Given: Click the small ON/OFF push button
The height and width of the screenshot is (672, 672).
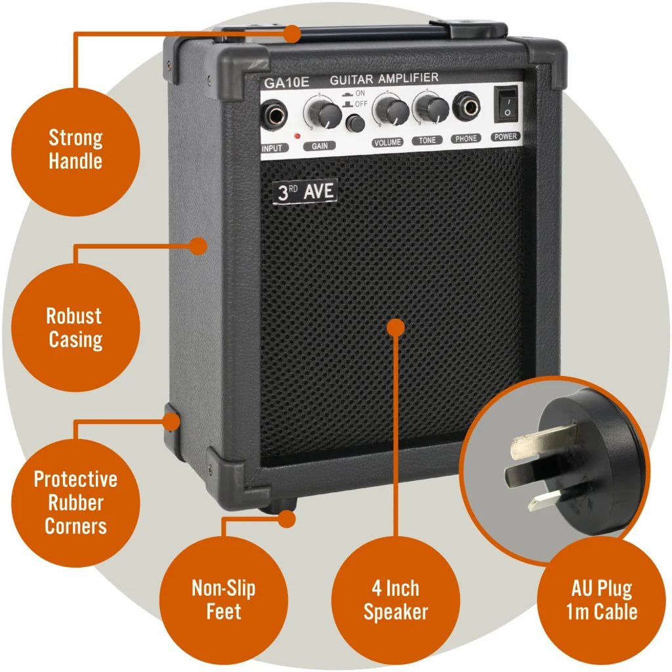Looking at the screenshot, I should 356,123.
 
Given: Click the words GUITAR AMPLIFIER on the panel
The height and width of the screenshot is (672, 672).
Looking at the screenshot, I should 384,79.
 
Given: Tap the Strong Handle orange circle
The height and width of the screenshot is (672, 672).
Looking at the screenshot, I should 75,150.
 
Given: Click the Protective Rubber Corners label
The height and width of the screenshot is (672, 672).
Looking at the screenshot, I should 75,503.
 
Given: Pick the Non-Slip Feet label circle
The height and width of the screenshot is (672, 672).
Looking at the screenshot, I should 223,600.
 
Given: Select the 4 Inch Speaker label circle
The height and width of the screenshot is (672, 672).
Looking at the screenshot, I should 396,600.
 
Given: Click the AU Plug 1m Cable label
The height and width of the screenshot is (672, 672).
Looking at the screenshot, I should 601,600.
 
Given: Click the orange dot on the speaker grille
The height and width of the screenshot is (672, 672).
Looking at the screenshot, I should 395,325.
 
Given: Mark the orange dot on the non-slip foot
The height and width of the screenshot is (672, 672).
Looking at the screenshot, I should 286,518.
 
